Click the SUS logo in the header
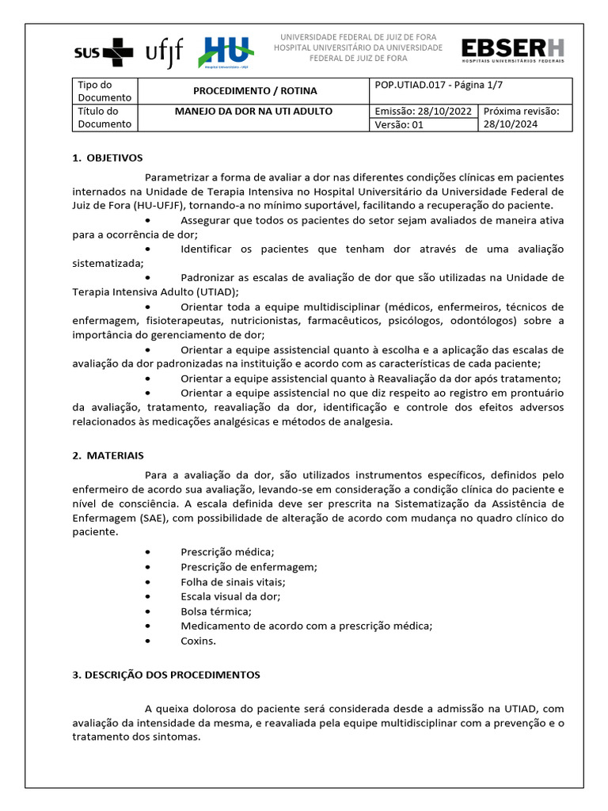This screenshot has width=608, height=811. [x=103, y=53]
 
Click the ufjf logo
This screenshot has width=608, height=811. [x=165, y=52]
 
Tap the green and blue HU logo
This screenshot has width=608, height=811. [x=226, y=52]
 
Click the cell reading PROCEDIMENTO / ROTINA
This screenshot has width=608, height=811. [x=254, y=91]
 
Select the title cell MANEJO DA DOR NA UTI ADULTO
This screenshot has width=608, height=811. [x=254, y=112]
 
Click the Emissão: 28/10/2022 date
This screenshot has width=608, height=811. [x=424, y=112]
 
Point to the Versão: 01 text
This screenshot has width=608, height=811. [x=399, y=124]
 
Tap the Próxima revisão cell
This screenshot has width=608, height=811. [x=525, y=118]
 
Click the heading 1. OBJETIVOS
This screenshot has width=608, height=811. [x=108, y=158]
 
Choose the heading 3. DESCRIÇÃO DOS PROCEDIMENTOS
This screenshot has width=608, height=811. [x=166, y=675]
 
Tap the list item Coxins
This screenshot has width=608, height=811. [x=198, y=641]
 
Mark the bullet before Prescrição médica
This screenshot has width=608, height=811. [x=148, y=552]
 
